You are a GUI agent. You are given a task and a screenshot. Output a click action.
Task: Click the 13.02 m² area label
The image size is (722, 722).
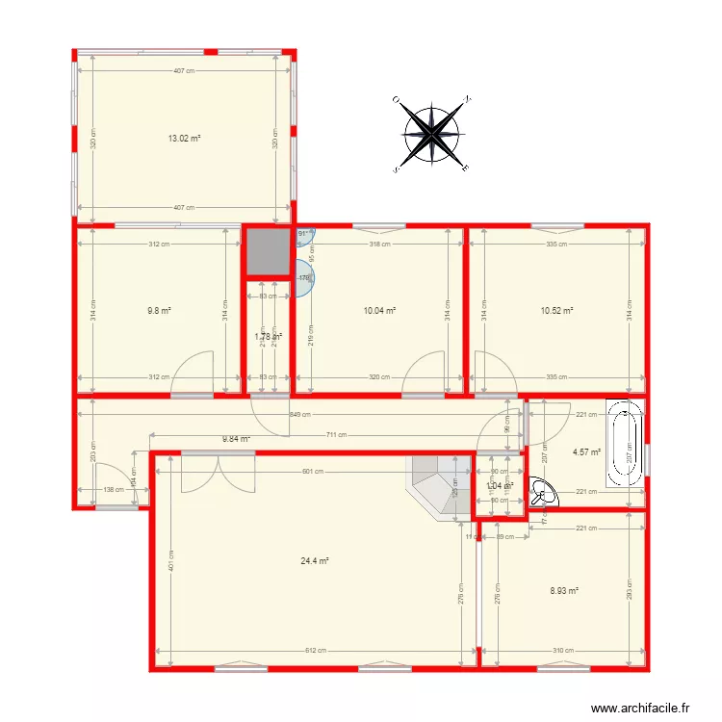184,139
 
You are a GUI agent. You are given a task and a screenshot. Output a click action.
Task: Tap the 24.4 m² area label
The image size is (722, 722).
317,561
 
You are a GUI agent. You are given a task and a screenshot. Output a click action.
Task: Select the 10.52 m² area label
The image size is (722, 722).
557,310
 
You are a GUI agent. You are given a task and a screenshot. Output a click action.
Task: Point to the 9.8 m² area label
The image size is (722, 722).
159,310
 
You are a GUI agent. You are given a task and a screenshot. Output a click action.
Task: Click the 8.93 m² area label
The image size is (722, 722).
564,591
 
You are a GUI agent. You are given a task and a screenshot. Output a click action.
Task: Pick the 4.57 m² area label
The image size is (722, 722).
586,451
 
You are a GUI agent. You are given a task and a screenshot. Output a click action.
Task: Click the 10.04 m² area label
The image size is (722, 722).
380,310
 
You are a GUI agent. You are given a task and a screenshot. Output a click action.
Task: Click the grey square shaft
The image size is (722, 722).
267,252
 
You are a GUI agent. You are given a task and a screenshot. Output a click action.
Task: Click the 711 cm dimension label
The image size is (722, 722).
336,435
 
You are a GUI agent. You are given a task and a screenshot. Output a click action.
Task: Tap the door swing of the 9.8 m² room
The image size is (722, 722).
193,375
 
